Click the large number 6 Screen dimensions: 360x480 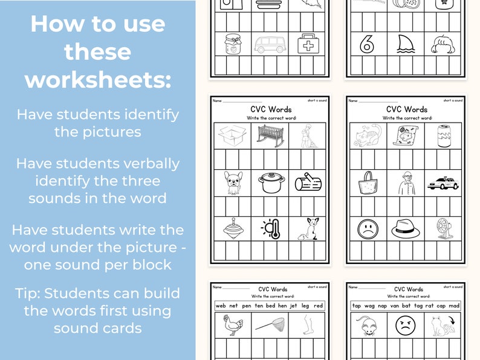point(366,44)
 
